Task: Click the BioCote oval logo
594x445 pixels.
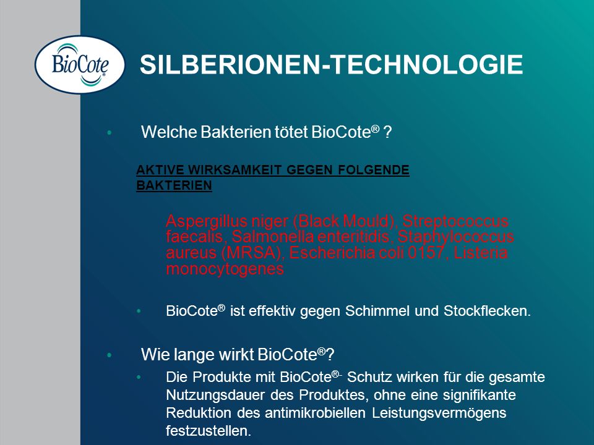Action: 80,64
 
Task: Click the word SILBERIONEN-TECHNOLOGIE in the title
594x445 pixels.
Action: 332,64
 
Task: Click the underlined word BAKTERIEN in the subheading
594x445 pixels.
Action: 174,185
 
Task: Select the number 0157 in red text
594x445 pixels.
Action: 425,252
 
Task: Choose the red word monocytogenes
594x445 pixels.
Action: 225,269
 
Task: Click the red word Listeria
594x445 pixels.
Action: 480,252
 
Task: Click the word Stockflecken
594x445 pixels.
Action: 487,311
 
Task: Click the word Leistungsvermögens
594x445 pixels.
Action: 439,413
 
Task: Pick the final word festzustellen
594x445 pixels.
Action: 209,431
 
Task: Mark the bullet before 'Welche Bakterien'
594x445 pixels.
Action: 110,132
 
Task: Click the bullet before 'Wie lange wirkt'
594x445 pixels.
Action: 110,355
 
